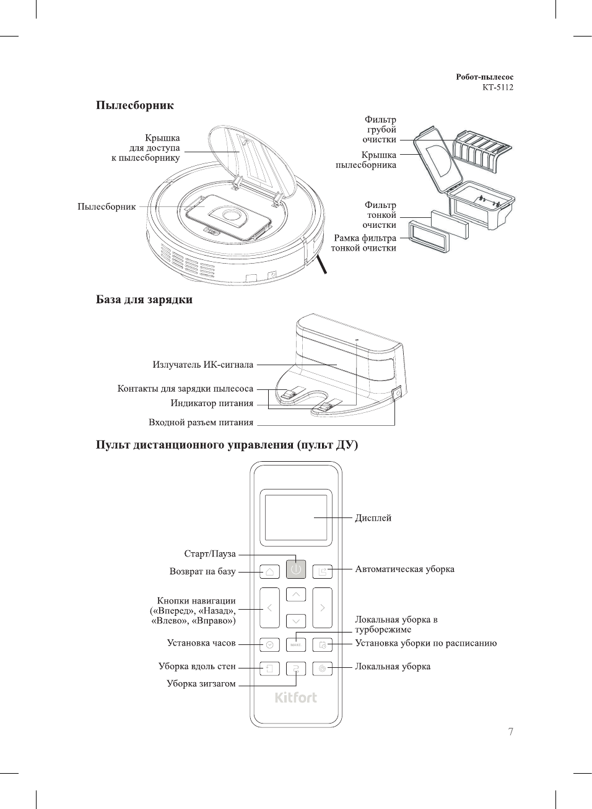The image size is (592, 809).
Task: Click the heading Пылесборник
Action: (x=134, y=105)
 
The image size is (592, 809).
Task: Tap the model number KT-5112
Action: (x=497, y=87)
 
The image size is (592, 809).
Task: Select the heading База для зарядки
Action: (x=144, y=300)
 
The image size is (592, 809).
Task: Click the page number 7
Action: (x=510, y=732)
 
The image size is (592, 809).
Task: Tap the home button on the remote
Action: (x=269, y=571)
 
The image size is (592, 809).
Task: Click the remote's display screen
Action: (x=296, y=517)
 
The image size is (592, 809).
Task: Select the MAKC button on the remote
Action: (x=296, y=644)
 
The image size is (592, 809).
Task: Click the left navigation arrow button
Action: (x=269, y=608)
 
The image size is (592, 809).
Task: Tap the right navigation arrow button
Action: (x=322, y=608)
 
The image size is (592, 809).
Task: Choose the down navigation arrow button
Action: (x=296, y=621)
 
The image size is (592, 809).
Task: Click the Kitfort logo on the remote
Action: (x=296, y=698)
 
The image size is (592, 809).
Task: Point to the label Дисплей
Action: (x=373, y=518)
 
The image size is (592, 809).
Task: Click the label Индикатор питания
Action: (x=212, y=404)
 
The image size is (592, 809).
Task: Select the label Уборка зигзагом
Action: (x=201, y=684)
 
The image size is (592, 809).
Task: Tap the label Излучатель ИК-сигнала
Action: (x=202, y=365)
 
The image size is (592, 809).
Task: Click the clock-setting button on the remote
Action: (x=269, y=644)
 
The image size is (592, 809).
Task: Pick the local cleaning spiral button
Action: (x=322, y=668)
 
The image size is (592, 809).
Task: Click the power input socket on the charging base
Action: (x=397, y=392)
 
